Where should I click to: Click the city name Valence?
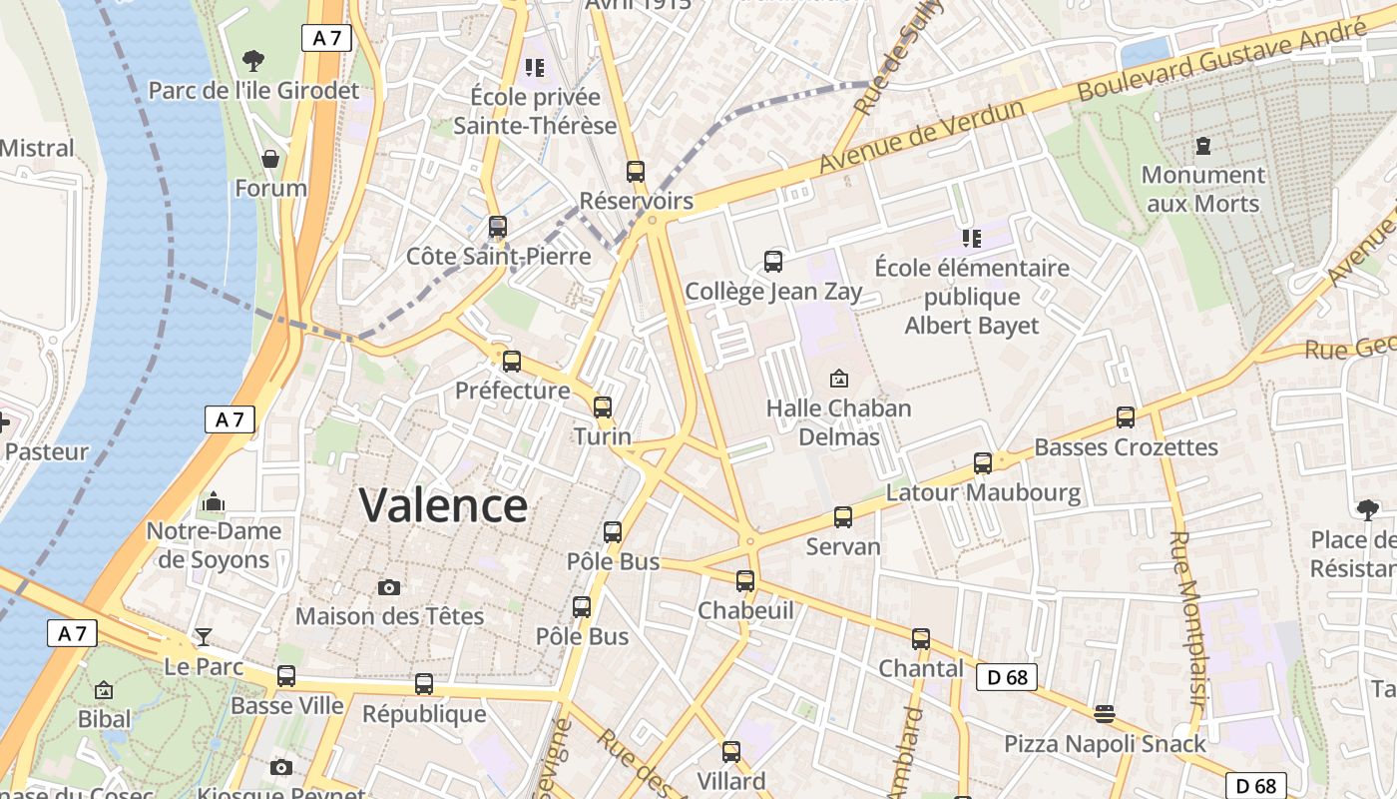pos(443,505)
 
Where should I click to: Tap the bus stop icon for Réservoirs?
pos(636,171)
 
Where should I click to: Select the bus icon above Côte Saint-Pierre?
pos(498,227)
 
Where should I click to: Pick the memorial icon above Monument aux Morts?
pos(1202,146)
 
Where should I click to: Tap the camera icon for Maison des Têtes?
pos(389,587)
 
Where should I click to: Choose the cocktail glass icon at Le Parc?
pos(204,636)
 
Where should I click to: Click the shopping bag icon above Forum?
pos(270,159)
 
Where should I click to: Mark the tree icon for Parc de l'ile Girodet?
pos(253,61)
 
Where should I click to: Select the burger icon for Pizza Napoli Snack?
pos(1104,713)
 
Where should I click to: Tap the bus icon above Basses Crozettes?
pos(1126,417)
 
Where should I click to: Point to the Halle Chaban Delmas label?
pos(838,421)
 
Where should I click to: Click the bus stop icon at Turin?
pos(602,407)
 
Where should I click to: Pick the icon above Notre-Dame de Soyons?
pos(214,501)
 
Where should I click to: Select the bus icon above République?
pos(424,684)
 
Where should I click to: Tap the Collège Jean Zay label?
pos(772,292)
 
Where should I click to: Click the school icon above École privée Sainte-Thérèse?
pos(535,68)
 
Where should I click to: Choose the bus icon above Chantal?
pos(920,639)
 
